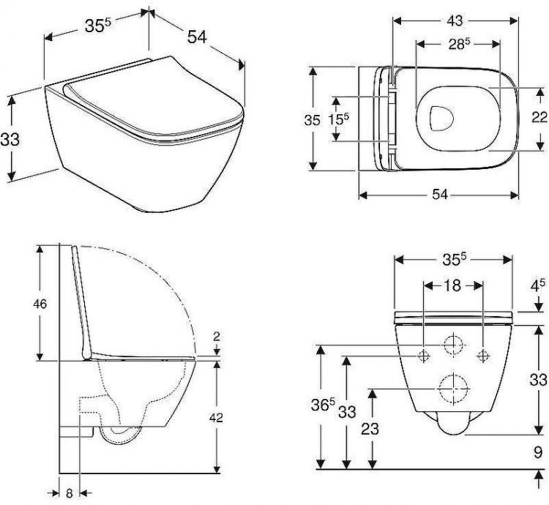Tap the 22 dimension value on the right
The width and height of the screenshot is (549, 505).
538,119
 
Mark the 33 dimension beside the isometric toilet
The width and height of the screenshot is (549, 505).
10,138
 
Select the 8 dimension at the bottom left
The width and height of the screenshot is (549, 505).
70,493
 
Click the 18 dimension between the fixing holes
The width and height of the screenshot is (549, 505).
452,286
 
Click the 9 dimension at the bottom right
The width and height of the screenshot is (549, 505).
537,452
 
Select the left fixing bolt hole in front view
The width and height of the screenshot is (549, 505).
424,356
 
